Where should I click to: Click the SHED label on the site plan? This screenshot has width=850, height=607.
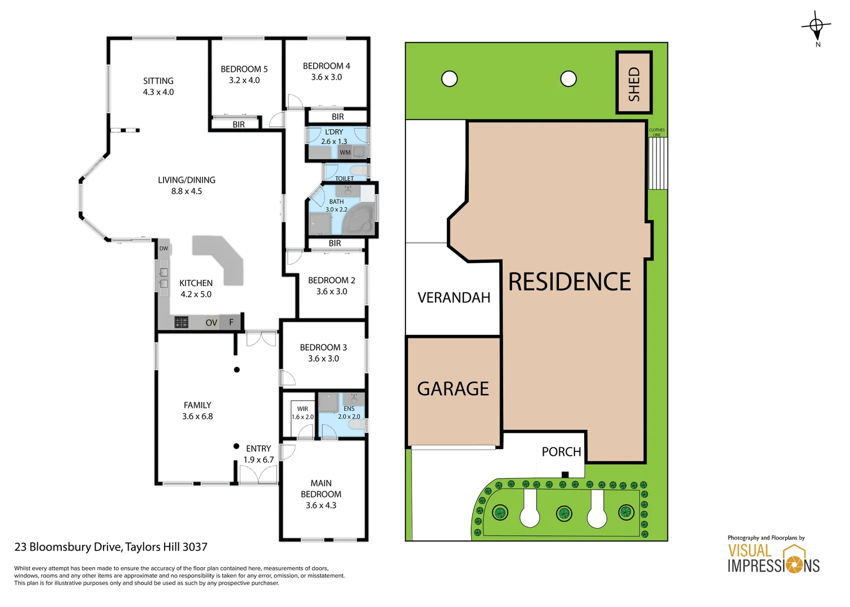pos(634,84)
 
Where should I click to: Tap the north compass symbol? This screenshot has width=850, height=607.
pos(816,26)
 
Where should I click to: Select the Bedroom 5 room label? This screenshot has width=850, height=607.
pos(244,69)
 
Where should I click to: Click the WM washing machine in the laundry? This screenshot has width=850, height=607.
pos(345,152)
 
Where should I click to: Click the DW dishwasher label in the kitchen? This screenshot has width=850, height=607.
pos(164,248)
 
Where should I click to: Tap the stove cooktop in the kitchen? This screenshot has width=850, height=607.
pos(181,322)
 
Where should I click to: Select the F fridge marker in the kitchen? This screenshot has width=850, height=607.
pos(231,322)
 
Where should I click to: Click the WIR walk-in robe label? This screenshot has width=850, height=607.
pos(302,409)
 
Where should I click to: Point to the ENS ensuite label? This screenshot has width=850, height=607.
pos(349,409)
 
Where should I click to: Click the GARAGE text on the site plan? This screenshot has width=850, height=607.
pos(453,389)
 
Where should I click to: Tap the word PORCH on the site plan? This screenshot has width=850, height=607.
pos(561,452)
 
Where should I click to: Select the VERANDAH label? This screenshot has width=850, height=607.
pos(454,298)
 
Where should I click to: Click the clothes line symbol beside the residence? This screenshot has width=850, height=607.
pos(657,163)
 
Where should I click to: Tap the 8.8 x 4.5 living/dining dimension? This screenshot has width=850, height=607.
pos(187,192)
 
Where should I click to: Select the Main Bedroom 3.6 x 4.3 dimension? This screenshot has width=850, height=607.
pos(321,505)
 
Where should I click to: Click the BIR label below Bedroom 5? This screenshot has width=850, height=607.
pos(239,125)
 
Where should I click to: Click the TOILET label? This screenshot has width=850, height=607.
pos(344,178)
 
